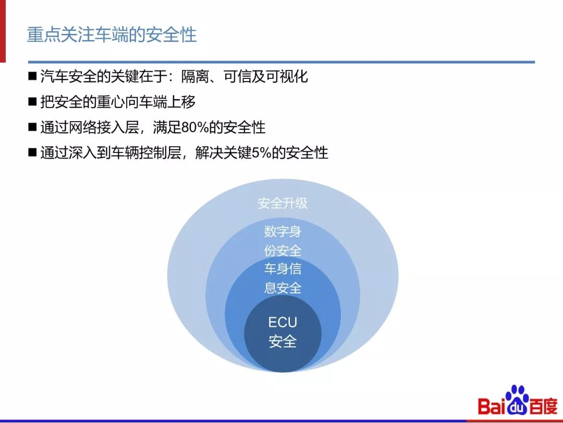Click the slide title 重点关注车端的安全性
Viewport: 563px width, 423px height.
click(112, 35)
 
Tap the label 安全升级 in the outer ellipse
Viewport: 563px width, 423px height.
click(282, 203)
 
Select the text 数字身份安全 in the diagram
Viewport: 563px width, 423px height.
click(282, 241)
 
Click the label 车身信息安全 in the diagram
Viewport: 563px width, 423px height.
click(282, 278)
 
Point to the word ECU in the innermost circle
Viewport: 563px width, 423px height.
click(282, 322)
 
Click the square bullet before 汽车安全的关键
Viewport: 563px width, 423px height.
click(33, 76)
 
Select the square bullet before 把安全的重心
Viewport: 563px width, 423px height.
click(33, 102)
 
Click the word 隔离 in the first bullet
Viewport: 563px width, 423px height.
click(194, 76)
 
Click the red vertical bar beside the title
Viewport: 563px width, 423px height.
click(3, 31)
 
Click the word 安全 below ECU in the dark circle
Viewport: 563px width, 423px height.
click(282, 342)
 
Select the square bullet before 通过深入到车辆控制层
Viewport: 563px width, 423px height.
click(33, 152)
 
